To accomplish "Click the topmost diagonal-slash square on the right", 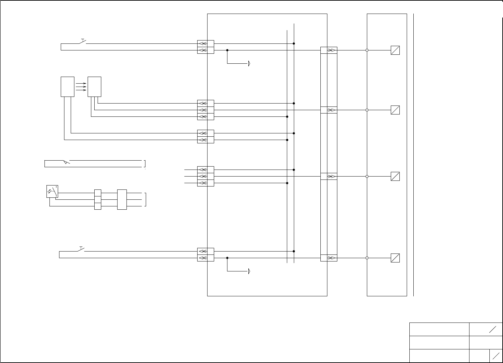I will pyautogui.click(x=395, y=50).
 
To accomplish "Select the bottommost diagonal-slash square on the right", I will pyautogui.click(x=395, y=258).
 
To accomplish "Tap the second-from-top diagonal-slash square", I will pyautogui.click(x=395, y=110).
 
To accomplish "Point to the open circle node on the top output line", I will pyautogui.click(x=367, y=50).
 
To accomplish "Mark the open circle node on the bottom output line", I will pyautogui.click(x=367, y=258).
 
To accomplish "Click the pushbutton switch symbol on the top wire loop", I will pyautogui.click(x=82, y=41).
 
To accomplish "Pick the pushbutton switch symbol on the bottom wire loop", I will pyautogui.click(x=81, y=249).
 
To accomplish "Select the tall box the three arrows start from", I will pyautogui.click(x=67, y=87).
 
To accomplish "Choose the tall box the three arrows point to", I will pyautogui.click(x=94, y=87).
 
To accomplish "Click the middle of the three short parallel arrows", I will pyautogui.click(x=81, y=87).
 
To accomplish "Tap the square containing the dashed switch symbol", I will pyautogui.click(x=52, y=191).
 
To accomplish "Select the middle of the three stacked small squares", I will pyautogui.click(x=98, y=199).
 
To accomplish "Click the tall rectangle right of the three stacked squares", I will pyautogui.click(x=122, y=199).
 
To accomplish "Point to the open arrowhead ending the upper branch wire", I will pyautogui.click(x=249, y=63).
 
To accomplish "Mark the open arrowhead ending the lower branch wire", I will pyautogui.click(x=249, y=271).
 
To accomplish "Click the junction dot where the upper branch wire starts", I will pyautogui.click(x=227, y=50).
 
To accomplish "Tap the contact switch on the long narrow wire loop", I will pyautogui.click(x=66, y=162).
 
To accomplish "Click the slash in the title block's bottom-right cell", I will pyautogui.click(x=496, y=356).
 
